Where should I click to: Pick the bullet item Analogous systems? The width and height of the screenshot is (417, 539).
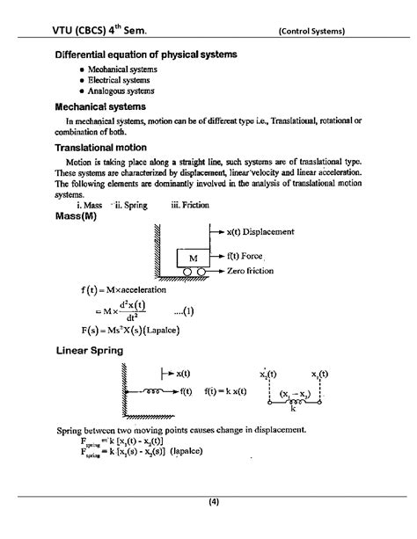pyautogui.click(x=121, y=91)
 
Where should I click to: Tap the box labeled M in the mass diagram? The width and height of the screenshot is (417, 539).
pyautogui.click(x=192, y=258)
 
